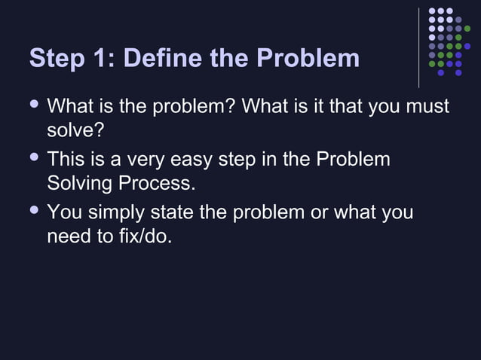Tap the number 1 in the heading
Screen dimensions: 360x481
100,58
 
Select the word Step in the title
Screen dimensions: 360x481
57,59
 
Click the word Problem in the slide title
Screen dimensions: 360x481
308,58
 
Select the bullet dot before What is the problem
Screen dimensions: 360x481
33,105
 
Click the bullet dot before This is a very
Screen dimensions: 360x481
33,158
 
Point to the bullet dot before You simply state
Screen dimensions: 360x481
33,211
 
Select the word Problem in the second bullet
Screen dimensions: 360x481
354,160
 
